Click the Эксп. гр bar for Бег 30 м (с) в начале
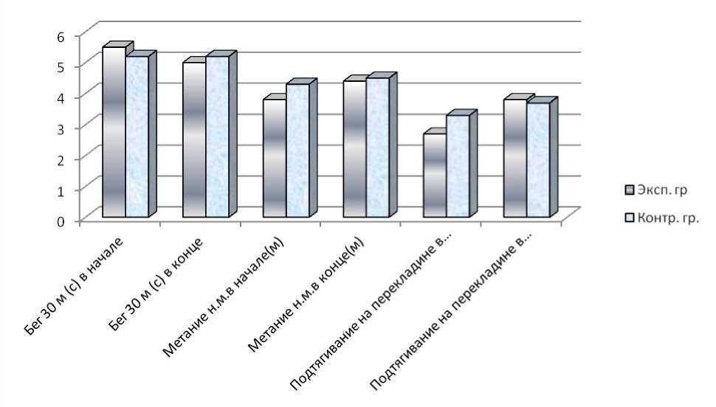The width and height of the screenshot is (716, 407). [x=114, y=133]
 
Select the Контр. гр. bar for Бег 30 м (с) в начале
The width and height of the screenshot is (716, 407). [x=137, y=137]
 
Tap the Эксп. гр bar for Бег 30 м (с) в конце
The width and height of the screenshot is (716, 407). [x=194, y=140]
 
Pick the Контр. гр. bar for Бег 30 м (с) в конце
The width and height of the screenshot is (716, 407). [x=218, y=137]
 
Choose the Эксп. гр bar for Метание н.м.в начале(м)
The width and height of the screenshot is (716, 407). [x=275, y=159]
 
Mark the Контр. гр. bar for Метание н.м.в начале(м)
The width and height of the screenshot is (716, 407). [x=297, y=151]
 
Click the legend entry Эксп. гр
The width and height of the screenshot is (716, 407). [x=656, y=190]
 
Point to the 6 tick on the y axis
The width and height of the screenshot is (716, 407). [x=61, y=35]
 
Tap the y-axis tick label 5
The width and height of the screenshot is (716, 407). [x=61, y=66]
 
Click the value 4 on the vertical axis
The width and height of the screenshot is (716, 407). [x=61, y=97]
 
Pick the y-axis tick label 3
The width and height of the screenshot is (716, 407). [x=61, y=128]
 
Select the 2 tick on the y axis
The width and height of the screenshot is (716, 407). [x=61, y=159]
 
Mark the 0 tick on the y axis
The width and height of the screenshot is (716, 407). [x=61, y=220]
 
